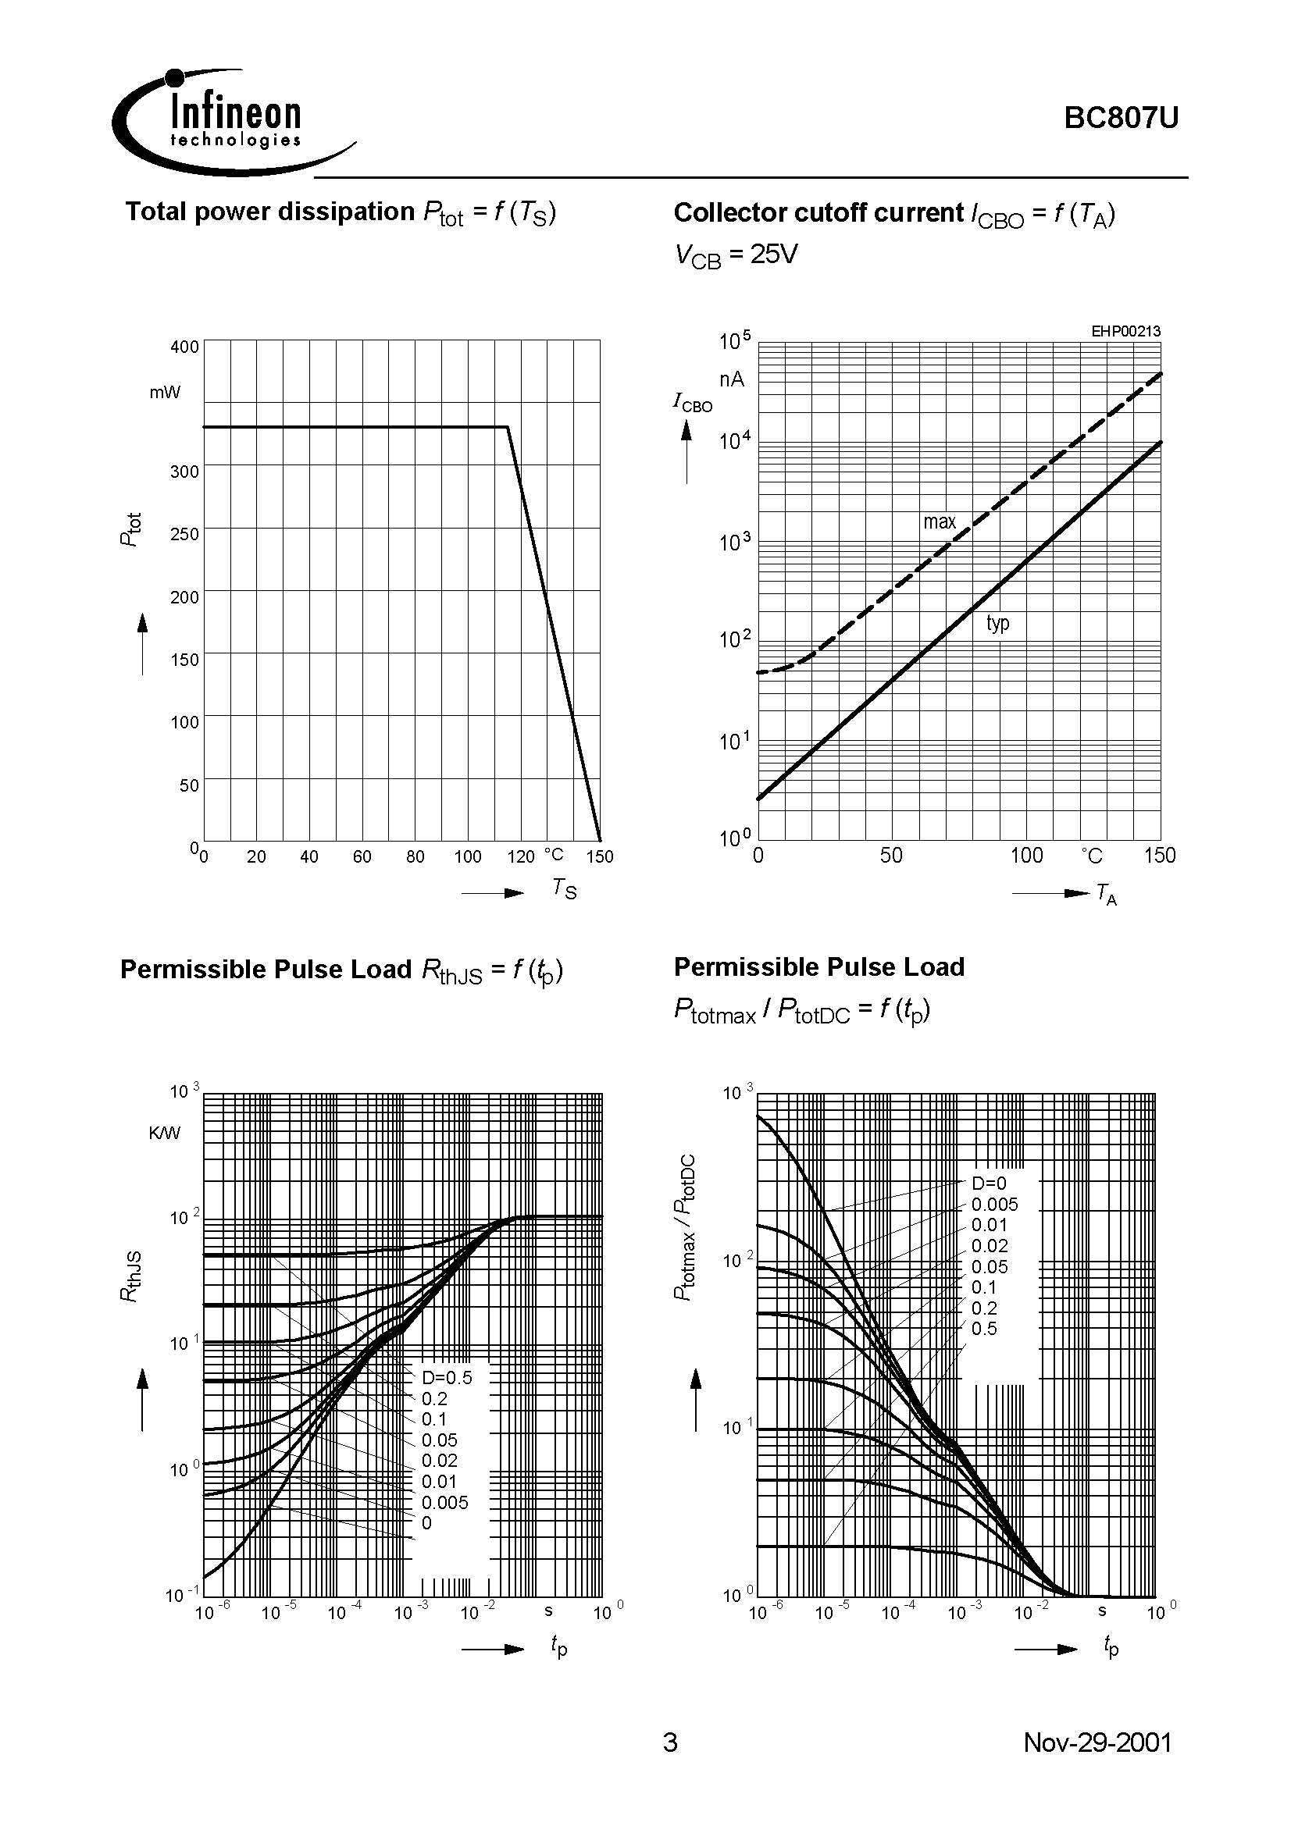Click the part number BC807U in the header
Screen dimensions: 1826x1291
coord(1121,119)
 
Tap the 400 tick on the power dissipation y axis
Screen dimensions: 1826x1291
coord(184,347)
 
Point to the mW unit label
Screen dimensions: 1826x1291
coord(165,392)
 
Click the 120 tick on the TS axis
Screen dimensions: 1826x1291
coord(520,856)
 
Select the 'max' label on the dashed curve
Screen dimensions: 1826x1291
coord(939,521)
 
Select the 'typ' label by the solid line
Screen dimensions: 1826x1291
coord(997,622)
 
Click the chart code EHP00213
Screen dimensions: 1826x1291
coord(1125,331)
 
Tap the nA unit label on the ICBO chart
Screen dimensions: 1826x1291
coord(732,379)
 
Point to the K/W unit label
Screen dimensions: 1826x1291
coord(165,1133)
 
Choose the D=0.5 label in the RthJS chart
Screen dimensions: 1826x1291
coord(446,1377)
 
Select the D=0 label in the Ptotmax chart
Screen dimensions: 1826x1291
coord(989,1184)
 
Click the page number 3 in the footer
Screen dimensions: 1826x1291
coord(670,1742)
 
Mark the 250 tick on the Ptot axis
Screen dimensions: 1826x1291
coord(184,534)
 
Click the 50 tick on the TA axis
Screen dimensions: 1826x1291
coord(891,855)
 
